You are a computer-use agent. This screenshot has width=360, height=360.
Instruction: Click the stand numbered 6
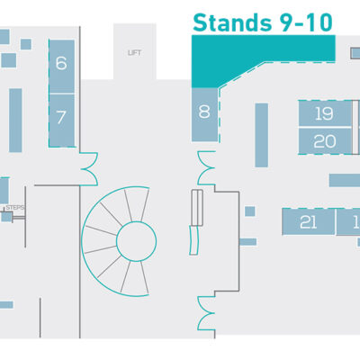(x=62, y=67)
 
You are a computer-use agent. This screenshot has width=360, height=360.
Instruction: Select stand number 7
(x=62, y=121)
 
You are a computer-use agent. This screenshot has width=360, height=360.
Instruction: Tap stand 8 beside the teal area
(x=204, y=114)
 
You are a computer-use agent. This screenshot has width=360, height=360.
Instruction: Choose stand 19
(x=325, y=113)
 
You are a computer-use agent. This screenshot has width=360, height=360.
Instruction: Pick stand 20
(x=325, y=141)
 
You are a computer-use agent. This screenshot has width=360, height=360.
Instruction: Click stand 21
(x=309, y=221)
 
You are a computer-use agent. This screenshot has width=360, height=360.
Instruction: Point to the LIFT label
(x=134, y=53)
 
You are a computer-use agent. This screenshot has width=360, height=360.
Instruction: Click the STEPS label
(x=15, y=208)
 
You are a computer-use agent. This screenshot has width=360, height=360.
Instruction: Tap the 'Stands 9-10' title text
(x=263, y=22)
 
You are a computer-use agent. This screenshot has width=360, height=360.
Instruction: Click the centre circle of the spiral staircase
(x=137, y=241)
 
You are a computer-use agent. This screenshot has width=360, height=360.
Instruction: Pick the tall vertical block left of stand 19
(x=261, y=135)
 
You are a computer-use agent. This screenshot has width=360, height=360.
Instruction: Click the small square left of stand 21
(x=250, y=211)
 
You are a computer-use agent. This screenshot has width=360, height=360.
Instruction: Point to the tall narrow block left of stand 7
(x=15, y=121)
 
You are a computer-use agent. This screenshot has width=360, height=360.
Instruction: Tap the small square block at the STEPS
(x=6, y=217)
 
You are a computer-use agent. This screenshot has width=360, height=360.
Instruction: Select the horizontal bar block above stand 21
(x=345, y=180)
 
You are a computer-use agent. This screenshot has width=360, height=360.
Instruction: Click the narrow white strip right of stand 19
(x=355, y=127)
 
